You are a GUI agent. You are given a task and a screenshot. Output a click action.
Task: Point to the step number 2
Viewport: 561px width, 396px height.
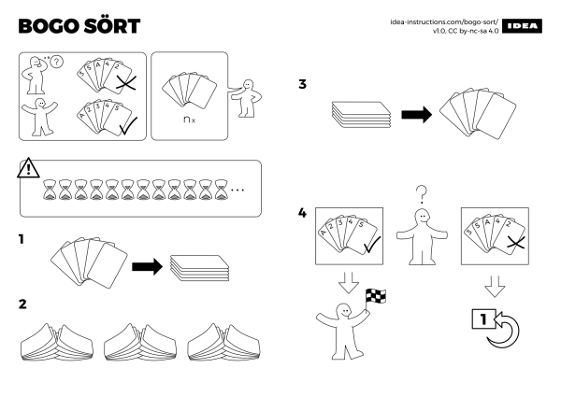pyautogui.click(x=22, y=304)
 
